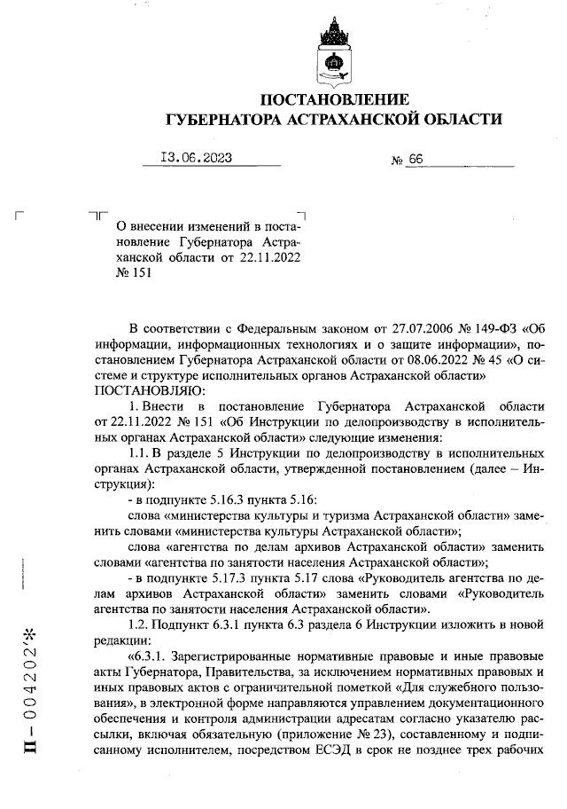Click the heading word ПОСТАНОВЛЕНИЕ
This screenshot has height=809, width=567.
(336, 98)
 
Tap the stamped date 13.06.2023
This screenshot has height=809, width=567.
(197, 159)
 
